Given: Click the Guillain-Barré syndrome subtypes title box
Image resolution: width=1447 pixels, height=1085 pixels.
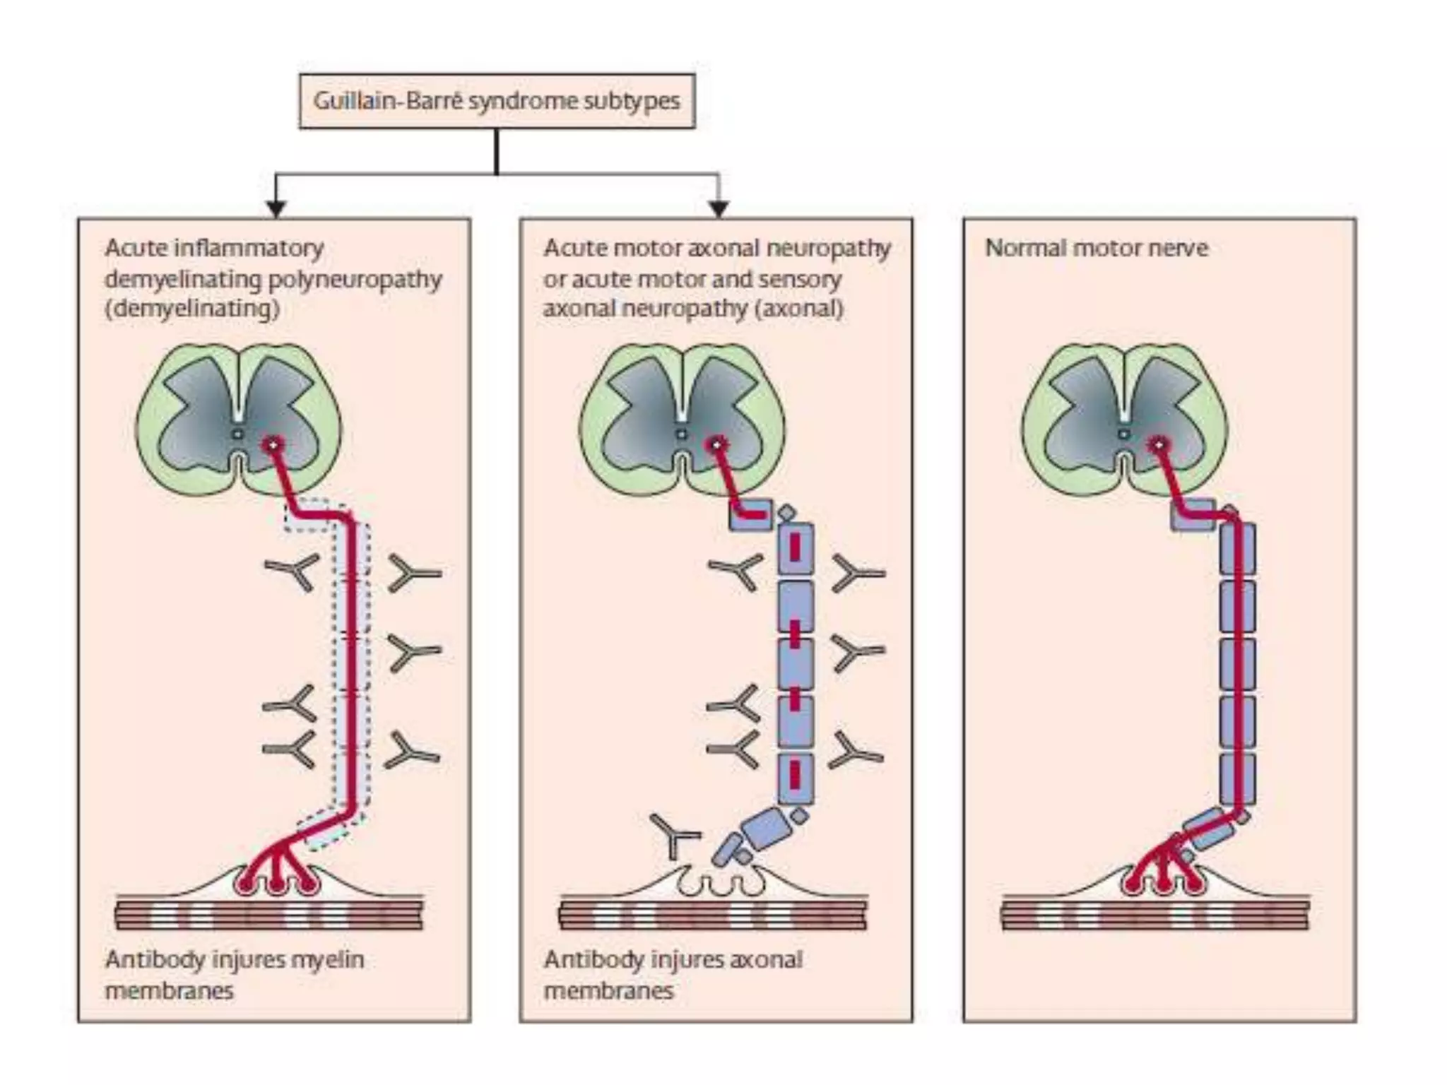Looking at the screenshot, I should (x=497, y=101).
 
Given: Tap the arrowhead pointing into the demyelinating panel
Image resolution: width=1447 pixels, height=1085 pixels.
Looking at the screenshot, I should (x=276, y=208).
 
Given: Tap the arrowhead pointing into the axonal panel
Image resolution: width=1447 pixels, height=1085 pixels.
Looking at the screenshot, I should (x=719, y=208).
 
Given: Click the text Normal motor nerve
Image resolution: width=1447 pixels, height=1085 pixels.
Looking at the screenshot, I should (x=1096, y=248).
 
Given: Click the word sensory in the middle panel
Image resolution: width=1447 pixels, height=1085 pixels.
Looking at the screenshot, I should (x=807, y=280).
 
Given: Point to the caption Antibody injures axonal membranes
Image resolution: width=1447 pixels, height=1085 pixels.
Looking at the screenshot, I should (x=673, y=975).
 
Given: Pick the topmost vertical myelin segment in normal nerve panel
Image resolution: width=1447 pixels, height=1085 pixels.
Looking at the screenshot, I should (x=1237, y=548).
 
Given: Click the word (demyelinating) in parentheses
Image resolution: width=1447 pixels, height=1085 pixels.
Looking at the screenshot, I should (x=191, y=309).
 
